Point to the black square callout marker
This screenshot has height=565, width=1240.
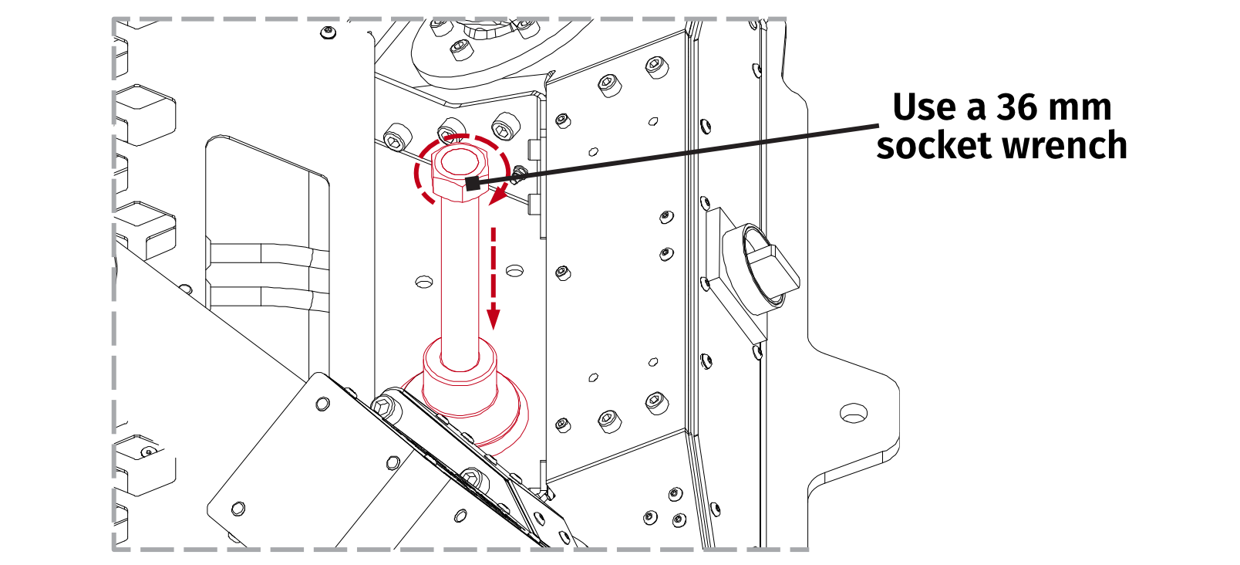tap(473, 184)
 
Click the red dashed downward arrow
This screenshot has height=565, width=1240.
tap(494, 278)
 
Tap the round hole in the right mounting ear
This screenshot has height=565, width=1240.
tap(854, 413)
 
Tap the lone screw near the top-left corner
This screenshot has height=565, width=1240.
tap(329, 32)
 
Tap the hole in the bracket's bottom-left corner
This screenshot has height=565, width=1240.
tap(238, 508)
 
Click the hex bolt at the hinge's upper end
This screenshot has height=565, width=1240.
tap(385, 407)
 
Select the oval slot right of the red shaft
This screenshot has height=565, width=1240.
tap(514, 270)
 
